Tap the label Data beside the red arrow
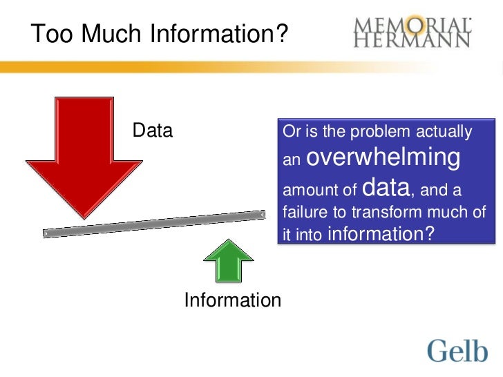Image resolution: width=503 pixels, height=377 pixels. click(153, 130)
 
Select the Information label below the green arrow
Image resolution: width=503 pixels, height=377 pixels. click(232, 300)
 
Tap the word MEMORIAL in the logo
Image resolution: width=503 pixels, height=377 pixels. click(413, 25)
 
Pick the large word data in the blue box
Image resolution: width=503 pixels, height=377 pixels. click(386, 187)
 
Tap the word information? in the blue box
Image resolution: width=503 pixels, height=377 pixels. click(381, 234)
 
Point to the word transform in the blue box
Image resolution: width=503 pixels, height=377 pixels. click(404, 212)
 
